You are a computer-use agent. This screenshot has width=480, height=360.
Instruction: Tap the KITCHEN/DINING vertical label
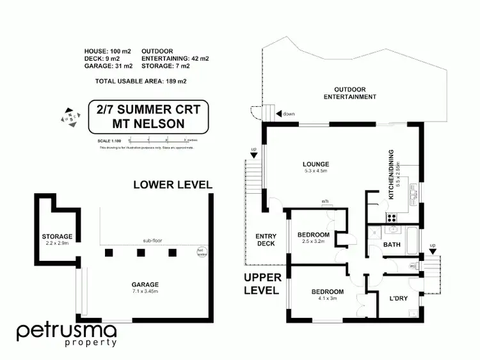coord(391,175)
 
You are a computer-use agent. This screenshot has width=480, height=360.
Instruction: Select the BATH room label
coord(391,244)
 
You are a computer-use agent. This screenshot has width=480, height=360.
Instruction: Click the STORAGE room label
coord(57,237)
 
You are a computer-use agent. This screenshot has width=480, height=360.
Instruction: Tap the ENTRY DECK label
coord(266,239)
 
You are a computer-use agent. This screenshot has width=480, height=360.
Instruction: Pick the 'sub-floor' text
coord(152,242)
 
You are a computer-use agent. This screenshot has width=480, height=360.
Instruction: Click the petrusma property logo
coord(67,333)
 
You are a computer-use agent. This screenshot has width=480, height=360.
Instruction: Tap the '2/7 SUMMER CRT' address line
coord(148,109)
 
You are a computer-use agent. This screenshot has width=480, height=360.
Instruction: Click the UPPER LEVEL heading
coord(261,284)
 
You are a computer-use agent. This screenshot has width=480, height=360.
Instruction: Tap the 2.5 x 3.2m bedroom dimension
coord(314,242)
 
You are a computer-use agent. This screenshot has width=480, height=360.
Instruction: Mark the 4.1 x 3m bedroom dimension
coord(328,298)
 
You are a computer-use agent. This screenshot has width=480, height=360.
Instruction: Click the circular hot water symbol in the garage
coord(200,251)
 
